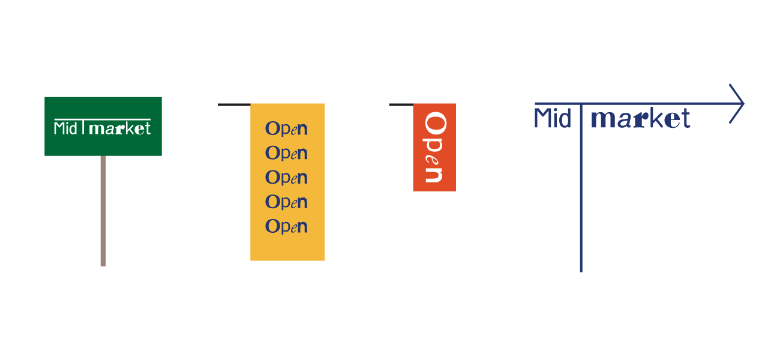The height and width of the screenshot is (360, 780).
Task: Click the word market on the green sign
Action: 119,128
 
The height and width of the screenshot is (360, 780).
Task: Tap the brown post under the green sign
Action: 103,210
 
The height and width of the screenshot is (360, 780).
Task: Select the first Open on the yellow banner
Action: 287,129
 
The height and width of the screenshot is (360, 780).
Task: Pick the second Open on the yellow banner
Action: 287,154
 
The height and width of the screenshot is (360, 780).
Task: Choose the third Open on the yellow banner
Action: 287,178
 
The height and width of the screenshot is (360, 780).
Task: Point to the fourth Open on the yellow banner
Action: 287,202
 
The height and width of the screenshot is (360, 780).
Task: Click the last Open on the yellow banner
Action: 287,227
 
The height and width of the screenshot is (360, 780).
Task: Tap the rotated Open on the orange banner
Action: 434,147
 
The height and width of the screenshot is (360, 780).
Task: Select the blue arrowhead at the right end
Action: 737,104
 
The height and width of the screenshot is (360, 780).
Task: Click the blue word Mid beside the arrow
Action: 552,119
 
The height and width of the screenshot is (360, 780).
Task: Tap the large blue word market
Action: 640,119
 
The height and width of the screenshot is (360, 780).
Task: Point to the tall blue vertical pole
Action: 581,198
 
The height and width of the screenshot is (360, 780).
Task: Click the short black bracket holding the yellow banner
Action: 233,104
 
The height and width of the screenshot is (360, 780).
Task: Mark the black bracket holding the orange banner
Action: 400,105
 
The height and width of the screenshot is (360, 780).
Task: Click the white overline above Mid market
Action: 102,119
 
